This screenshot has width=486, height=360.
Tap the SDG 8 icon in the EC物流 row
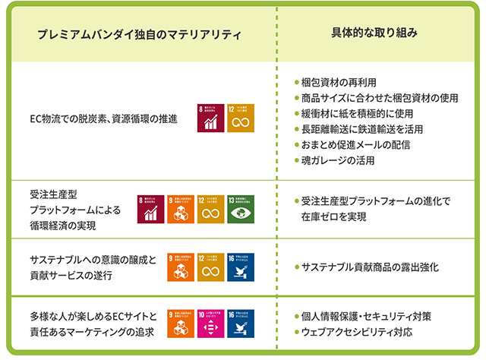pyautogui.click(x=210, y=118)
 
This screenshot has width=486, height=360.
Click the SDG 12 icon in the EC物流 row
pyautogui.click(x=240, y=118)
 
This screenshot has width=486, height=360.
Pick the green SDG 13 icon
pyautogui.click(x=241, y=210)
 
